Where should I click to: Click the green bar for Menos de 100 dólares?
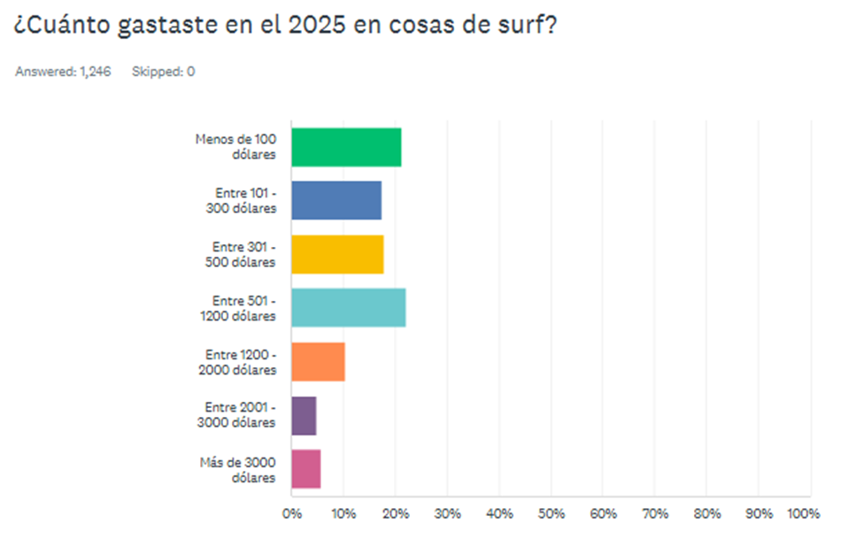click(x=345, y=147)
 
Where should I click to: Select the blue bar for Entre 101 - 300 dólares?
click(x=335, y=201)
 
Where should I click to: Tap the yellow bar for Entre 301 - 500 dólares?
click(x=336, y=255)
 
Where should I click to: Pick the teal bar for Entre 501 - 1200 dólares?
click(x=348, y=308)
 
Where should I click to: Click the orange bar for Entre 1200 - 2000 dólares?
click(x=317, y=361)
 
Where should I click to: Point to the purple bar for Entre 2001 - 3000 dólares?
click(x=303, y=415)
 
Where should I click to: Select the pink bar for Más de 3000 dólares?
click(x=305, y=469)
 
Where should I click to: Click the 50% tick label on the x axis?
click(x=551, y=513)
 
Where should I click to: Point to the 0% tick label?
click(x=292, y=513)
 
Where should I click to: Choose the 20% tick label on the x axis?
click(x=396, y=513)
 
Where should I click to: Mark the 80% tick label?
click(x=707, y=513)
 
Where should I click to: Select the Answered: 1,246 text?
click(x=63, y=72)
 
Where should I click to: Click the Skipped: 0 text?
click(x=163, y=72)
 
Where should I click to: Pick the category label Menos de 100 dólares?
click(x=235, y=147)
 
